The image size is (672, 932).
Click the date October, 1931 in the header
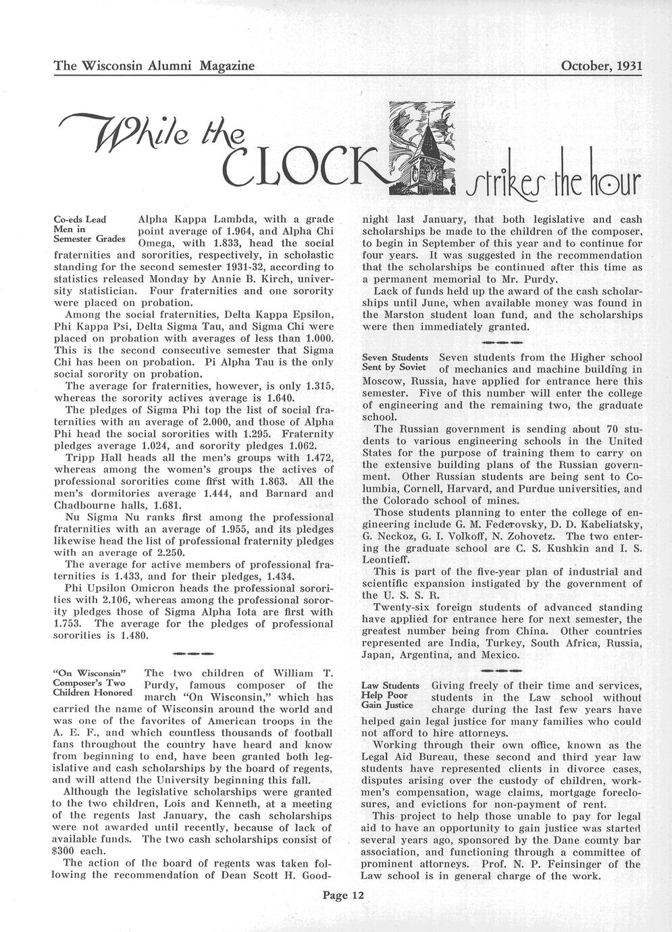point(601,66)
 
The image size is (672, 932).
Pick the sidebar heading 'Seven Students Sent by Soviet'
point(395,362)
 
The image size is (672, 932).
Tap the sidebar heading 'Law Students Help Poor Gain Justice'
point(390,696)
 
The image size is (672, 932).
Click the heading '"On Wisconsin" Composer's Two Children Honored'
point(91,683)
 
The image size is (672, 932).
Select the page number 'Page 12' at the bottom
point(343,896)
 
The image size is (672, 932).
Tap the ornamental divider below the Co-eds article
point(193,653)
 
